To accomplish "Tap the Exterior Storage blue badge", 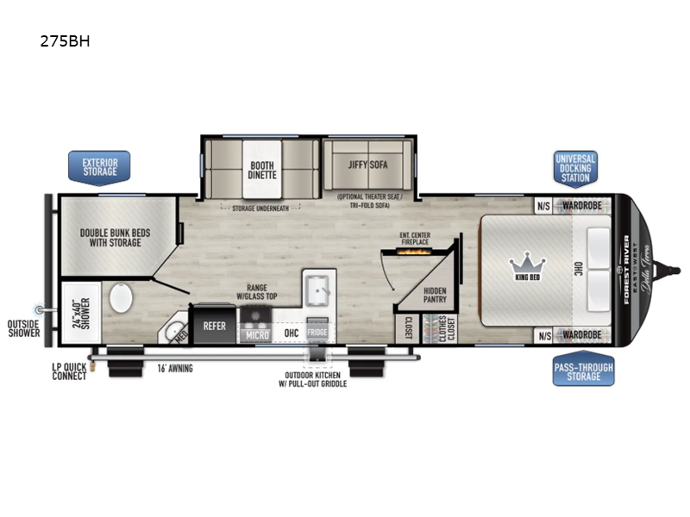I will [99, 166].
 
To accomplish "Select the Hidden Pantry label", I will [435, 296].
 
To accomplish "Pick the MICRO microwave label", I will [256, 333].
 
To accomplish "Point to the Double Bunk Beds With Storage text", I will [111, 237].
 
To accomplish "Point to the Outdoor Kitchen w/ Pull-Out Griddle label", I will [318, 379].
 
